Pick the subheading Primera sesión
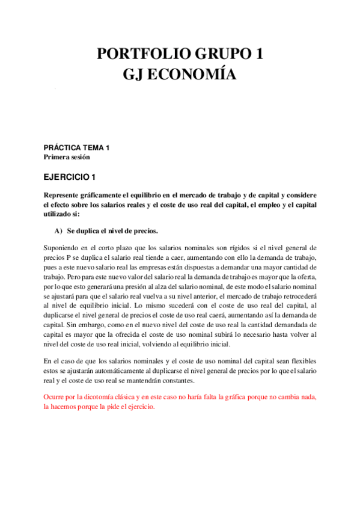coord(67,157)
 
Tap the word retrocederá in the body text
coord(300,280)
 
